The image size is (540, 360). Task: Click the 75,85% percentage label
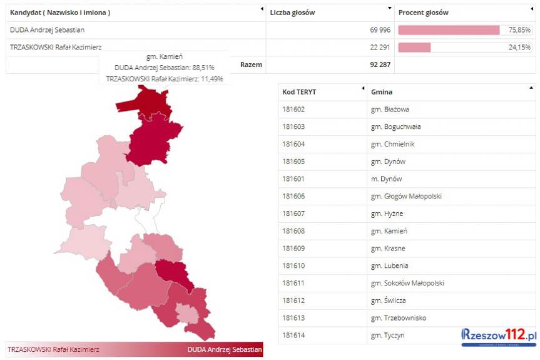pyautogui.click(x=519, y=30)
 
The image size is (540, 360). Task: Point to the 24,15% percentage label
pyautogui.click(x=519, y=47)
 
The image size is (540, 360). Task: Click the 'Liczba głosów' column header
pyautogui.click(x=292, y=13)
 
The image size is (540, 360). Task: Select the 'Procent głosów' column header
pyautogui.click(x=423, y=13)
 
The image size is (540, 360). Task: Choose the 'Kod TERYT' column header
pyautogui.click(x=299, y=92)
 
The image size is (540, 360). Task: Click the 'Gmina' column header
pyautogui.click(x=382, y=92)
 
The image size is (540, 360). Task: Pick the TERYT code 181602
pyautogui.click(x=293, y=110)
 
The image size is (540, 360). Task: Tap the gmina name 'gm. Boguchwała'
pyautogui.click(x=395, y=126)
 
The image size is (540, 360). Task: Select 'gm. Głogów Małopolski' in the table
pyautogui.click(x=406, y=196)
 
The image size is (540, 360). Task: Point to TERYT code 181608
pyautogui.click(x=293, y=231)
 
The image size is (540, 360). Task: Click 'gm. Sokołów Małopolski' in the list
pyautogui.click(x=407, y=283)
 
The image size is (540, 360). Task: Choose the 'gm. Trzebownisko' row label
pyautogui.click(x=398, y=318)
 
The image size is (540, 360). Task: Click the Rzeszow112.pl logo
pyautogui.click(x=499, y=336)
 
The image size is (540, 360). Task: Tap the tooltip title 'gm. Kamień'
pyautogui.click(x=165, y=56)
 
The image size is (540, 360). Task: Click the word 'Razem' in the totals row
pyautogui.click(x=251, y=64)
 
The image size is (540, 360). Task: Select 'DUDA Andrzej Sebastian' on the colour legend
pyautogui.click(x=224, y=349)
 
